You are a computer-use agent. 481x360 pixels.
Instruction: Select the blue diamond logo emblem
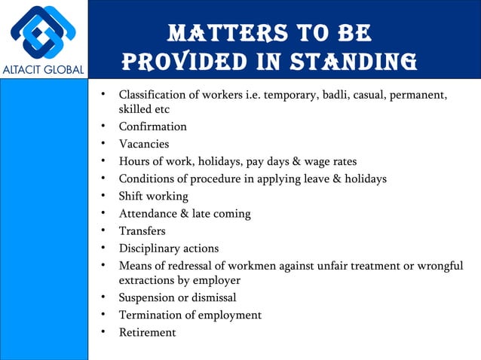coord(43,32)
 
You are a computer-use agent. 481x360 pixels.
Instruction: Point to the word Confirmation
coord(152,127)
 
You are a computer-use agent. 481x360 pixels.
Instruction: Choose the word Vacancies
coord(143,144)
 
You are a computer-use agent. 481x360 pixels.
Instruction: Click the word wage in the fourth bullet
coord(313,161)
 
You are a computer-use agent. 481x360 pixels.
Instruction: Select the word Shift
coord(132,197)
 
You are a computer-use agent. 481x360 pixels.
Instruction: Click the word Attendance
coord(149,214)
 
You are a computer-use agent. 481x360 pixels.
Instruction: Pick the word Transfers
coord(142,231)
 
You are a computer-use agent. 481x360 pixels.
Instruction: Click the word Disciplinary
coord(151,249)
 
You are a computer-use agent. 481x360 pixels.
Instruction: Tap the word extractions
coord(146,280)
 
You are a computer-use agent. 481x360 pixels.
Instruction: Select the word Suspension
coord(149,297)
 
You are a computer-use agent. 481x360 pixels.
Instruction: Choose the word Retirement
coord(147,332)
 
